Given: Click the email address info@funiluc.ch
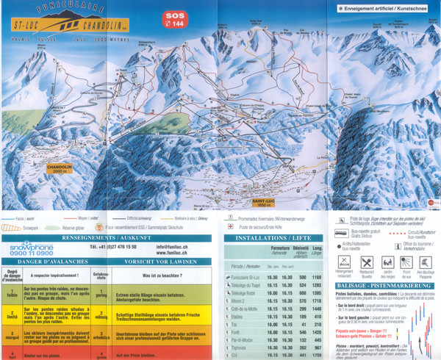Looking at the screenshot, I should (175, 248).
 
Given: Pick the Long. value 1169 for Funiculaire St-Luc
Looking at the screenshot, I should (317, 277).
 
